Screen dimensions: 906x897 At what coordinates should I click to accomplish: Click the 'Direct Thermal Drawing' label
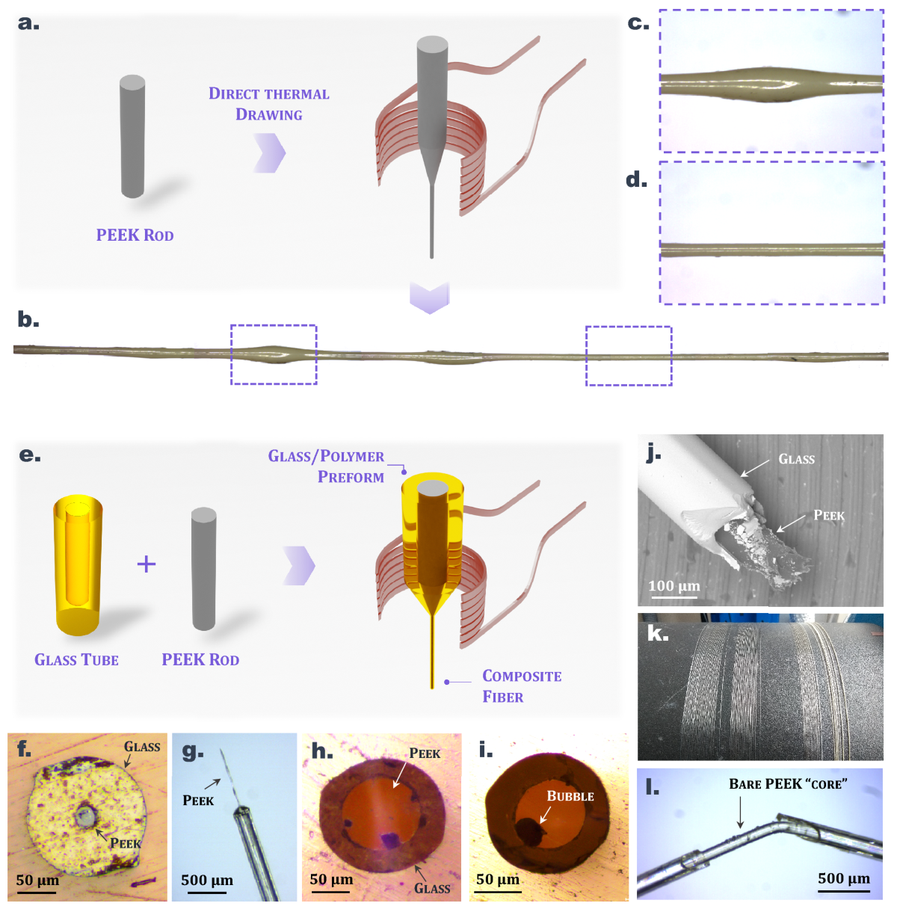pyautogui.click(x=269, y=104)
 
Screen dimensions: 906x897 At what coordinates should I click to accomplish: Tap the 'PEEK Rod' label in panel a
pyautogui.click(x=135, y=235)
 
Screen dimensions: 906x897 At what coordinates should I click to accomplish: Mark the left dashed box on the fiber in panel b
pyautogui.click(x=274, y=354)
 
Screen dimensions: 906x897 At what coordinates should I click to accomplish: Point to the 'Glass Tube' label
pyautogui.click(x=76, y=660)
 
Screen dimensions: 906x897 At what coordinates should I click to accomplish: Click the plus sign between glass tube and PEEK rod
pyautogui.click(x=147, y=564)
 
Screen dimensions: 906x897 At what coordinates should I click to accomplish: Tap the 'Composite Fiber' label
pyautogui.click(x=521, y=686)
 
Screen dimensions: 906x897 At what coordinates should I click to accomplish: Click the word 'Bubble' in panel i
pyautogui.click(x=570, y=796)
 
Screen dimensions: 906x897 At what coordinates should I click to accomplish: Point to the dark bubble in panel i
pyautogui.click(x=528, y=830)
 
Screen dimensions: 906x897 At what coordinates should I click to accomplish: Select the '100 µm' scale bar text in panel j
pyautogui.click(x=674, y=586)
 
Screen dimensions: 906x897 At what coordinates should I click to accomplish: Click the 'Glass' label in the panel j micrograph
pyautogui.click(x=796, y=459)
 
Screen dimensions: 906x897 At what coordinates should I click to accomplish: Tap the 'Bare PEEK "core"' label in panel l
pyautogui.click(x=788, y=784)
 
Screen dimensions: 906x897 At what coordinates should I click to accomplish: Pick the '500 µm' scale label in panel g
pyautogui.click(x=207, y=881)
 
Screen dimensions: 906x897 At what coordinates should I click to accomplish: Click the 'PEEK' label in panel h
pyautogui.click(x=425, y=754)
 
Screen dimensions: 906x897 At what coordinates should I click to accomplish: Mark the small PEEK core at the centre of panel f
pyautogui.click(x=84, y=816)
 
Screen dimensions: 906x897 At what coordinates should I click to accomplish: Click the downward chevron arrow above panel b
pyautogui.click(x=430, y=298)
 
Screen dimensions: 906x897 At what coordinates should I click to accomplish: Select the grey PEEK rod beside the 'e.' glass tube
pyautogui.click(x=203, y=569)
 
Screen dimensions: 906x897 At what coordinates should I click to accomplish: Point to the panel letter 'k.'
pyautogui.click(x=657, y=634)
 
